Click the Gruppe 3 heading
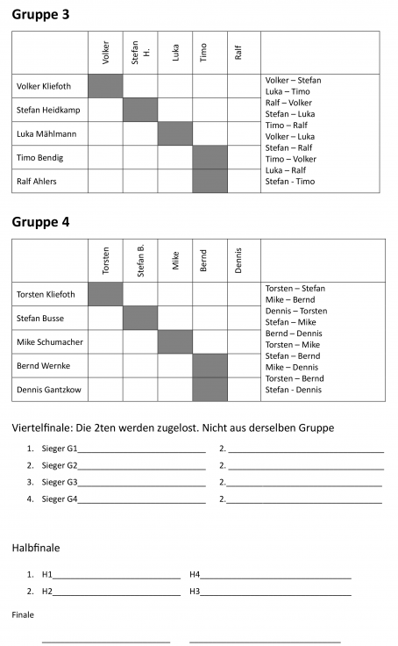click(x=40, y=14)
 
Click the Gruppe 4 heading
click(x=40, y=221)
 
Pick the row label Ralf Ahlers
click(x=40, y=181)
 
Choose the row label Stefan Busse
click(x=41, y=318)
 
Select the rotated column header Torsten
click(x=106, y=261)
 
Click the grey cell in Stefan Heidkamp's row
click(x=140, y=110)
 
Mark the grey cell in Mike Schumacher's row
click(x=175, y=341)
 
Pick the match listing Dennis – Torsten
click(x=295, y=310)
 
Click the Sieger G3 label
click(x=60, y=482)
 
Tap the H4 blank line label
click(x=195, y=575)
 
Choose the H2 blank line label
click(x=47, y=592)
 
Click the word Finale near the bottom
click(x=23, y=614)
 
